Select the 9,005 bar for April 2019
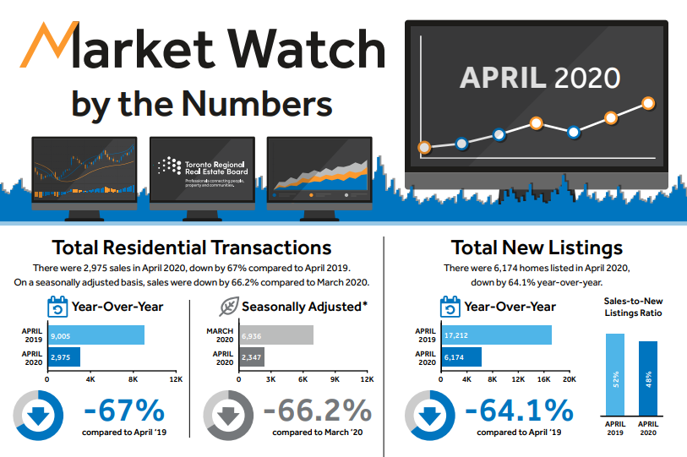(x=95, y=335)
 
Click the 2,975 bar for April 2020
(x=63, y=357)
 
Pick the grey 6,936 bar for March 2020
(x=276, y=335)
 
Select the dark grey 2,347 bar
(x=252, y=357)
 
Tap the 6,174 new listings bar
(x=461, y=357)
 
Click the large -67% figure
(x=123, y=411)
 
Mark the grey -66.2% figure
(x=317, y=411)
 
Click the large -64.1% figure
(x=519, y=411)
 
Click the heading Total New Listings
(x=537, y=248)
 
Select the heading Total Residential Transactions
(x=192, y=248)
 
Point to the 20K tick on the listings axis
(x=569, y=380)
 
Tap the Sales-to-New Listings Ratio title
(x=632, y=307)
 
